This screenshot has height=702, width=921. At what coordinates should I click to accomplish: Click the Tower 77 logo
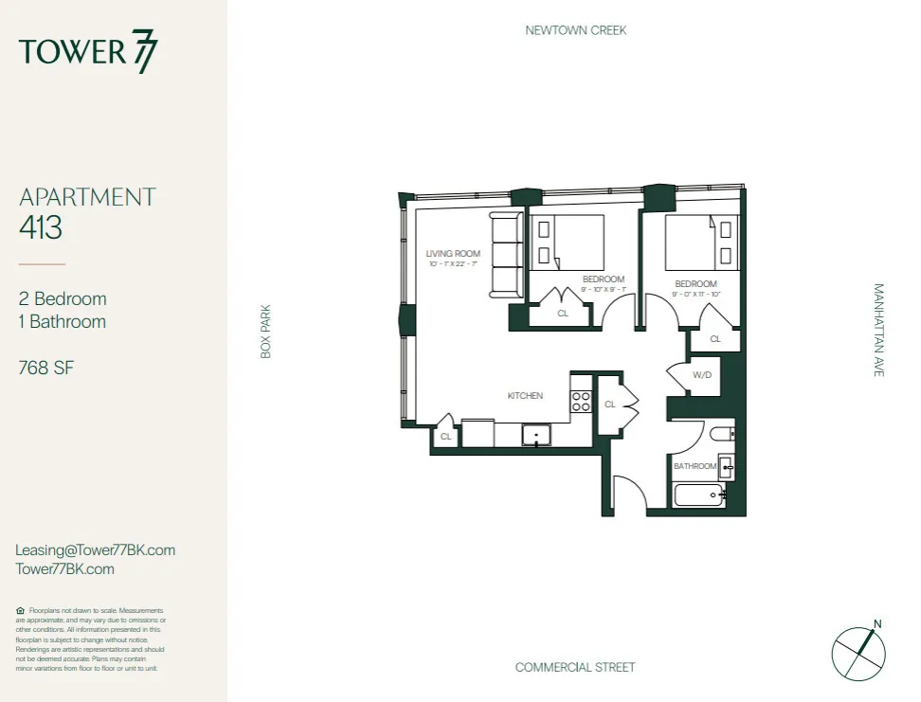88,52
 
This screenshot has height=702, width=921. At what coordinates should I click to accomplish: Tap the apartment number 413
41,227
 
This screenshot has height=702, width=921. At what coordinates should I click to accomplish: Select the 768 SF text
46,368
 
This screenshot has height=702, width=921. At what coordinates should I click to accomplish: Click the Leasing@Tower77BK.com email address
96,550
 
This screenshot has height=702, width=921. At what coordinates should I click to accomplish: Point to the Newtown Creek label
575,30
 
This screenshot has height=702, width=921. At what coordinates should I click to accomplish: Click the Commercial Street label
575,667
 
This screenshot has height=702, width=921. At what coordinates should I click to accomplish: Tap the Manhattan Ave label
877,331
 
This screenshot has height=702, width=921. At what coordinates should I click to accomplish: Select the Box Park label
266,331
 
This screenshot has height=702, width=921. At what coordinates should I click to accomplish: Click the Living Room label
452,254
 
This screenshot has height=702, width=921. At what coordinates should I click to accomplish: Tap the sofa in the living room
505,254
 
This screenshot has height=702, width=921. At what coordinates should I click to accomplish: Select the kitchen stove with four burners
581,401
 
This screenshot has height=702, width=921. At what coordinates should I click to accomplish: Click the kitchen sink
536,436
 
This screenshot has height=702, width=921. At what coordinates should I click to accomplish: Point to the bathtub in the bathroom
697,496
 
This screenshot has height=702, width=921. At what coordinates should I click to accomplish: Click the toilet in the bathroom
722,436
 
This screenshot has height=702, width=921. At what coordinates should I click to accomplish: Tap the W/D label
701,375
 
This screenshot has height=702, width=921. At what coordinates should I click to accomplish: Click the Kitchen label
525,395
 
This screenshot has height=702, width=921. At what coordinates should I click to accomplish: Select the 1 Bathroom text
63,321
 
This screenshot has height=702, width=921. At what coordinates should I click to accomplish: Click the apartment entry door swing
628,495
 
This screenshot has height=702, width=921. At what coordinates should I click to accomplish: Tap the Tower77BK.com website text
65,569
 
